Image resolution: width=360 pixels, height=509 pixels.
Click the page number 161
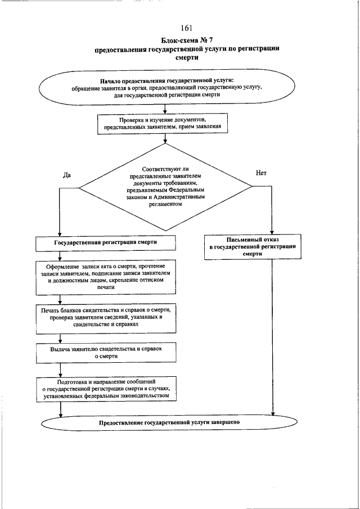187,28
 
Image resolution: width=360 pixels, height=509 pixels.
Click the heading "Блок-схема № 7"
187,40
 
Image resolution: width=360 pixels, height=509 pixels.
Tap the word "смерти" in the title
187,58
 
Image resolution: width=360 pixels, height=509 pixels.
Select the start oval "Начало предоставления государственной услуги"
167,87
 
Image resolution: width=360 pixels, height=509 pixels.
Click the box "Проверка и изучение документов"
163,124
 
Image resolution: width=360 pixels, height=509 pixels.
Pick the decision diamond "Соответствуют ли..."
165,187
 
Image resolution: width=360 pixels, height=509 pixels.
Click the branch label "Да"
66,175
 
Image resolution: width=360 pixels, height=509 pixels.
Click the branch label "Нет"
261,173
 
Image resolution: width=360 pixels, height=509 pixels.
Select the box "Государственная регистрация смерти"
106,243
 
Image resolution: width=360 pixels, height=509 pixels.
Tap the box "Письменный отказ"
253,247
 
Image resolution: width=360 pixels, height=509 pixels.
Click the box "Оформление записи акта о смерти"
106,277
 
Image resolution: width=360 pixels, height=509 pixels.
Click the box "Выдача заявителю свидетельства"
106,353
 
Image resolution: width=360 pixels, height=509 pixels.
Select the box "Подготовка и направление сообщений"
106,389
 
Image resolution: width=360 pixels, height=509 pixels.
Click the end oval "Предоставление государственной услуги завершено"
169,422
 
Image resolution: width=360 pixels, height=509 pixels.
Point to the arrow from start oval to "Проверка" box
165,109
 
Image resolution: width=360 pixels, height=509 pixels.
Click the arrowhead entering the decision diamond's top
165,141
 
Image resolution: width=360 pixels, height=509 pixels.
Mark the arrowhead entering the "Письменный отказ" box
273,232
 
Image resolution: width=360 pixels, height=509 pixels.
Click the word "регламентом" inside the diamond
165,204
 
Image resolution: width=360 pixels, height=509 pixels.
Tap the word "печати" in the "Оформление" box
106,287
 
